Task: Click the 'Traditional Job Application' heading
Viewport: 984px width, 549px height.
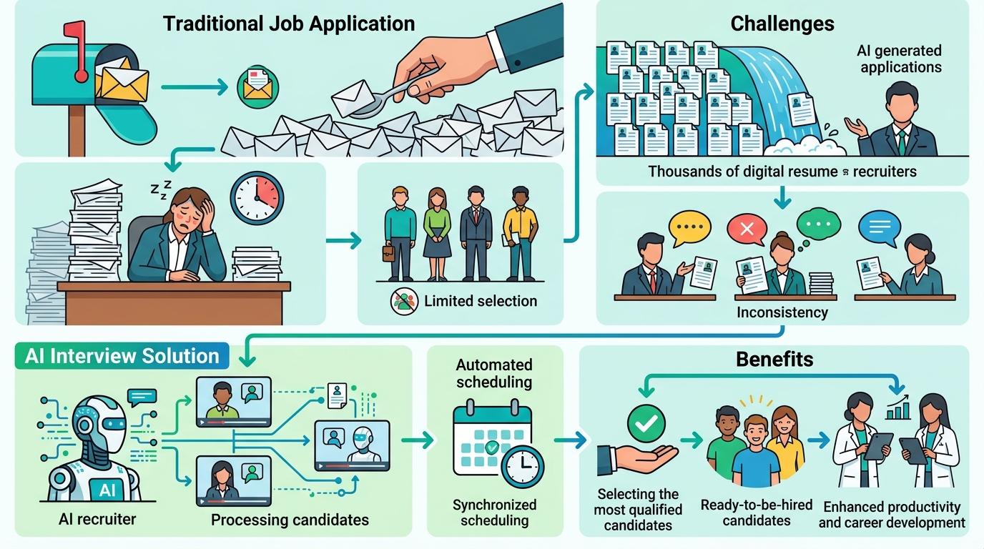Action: (289, 24)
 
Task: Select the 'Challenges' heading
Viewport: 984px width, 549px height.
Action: (782, 24)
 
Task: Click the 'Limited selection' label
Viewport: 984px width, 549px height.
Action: (480, 301)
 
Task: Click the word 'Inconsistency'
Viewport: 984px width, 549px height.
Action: (782, 312)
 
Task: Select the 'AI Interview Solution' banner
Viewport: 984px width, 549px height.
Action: (122, 356)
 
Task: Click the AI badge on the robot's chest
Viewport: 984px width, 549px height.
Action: (107, 490)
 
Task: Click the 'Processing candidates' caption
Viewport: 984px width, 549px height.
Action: (290, 520)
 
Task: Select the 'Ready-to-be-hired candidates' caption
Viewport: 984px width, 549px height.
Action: (756, 513)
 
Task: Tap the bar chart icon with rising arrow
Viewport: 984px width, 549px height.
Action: (897, 409)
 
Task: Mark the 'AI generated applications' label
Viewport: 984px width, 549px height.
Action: (900, 59)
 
